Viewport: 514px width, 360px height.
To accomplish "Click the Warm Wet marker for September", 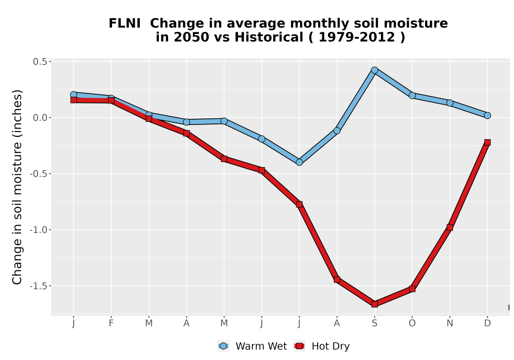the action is pos(374,70).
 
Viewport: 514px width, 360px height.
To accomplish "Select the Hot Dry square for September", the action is pos(374,304).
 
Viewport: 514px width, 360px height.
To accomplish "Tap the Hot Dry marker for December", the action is pos(487,142).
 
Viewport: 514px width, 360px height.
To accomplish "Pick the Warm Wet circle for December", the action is pos(487,115).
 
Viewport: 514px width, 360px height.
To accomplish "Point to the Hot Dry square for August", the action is pos(337,280).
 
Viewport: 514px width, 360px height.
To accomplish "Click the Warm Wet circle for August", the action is pos(337,131).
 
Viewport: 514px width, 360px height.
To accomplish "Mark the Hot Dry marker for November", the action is pos(450,227).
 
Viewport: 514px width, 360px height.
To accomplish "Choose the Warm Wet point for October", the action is pos(412,96).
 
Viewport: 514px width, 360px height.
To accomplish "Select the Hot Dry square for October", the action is pos(412,289).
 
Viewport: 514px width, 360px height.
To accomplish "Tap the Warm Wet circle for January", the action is pos(74,95).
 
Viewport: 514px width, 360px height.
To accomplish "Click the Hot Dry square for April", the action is pos(186,133).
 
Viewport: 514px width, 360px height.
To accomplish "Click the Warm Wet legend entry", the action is pos(252,346).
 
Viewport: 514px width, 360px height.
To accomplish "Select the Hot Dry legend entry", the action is pos(322,346).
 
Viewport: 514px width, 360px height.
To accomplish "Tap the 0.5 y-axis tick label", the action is pos(40,62).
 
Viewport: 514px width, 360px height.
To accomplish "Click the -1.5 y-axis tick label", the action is pos(39,286).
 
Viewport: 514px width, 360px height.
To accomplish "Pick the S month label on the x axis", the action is pos(374,323).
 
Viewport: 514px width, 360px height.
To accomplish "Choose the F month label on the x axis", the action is pos(111,323).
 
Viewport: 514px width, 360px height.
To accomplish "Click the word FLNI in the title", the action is pos(124,24).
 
